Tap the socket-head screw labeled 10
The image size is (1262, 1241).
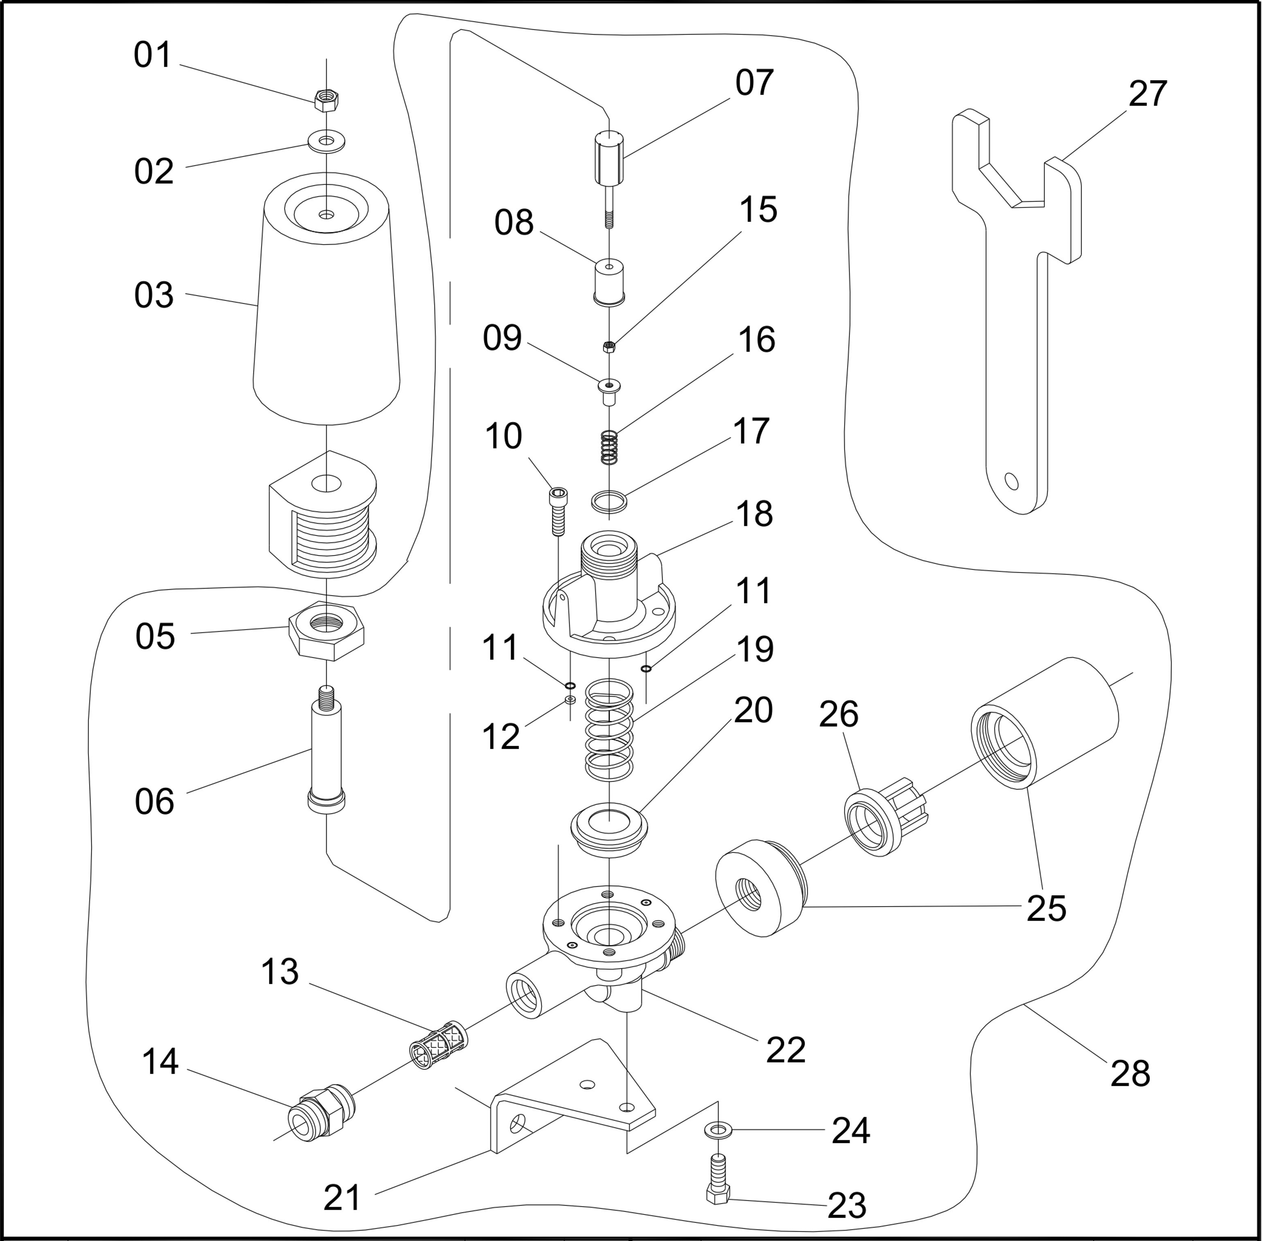click(x=558, y=510)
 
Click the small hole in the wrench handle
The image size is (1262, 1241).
click(x=1011, y=481)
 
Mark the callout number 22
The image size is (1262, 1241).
click(x=786, y=1050)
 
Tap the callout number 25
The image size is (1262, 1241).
click(x=1046, y=908)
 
